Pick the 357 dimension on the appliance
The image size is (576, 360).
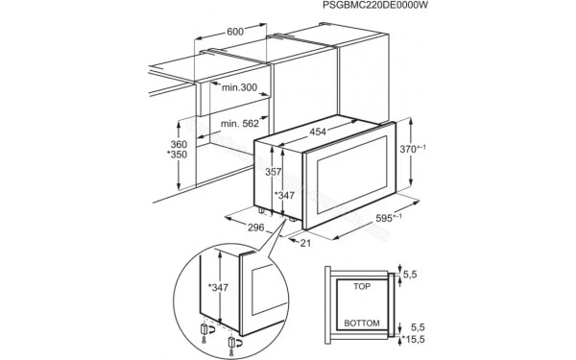coord(274,173)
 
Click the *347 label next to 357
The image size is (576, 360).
coord(284,196)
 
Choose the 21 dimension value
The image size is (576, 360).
coord(304,244)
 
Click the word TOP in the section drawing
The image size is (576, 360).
coord(363,286)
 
